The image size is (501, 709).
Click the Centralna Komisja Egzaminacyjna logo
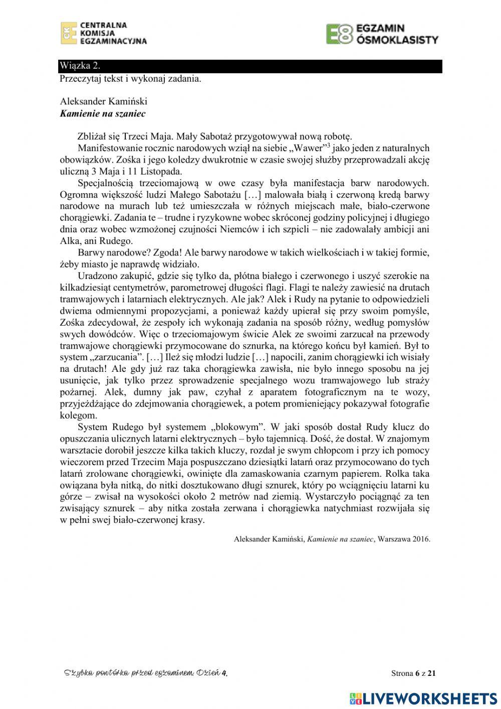click(104, 33)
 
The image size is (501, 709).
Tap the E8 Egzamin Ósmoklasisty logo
click(382, 34)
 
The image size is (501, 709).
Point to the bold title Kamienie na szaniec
click(103, 113)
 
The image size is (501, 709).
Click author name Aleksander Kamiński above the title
click(103, 102)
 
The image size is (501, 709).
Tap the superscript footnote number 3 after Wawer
click(328, 145)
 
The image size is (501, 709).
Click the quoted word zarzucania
click(116, 357)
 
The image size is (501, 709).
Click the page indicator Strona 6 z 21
click(413, 673)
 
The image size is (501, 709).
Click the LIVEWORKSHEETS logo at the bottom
click(423, 698)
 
